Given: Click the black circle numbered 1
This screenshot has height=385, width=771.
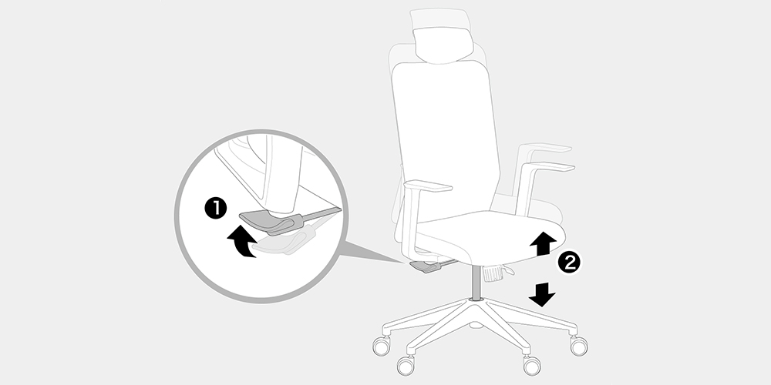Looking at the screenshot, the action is point(215,209).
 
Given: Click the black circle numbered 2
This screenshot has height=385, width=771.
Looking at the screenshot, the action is point(569,263).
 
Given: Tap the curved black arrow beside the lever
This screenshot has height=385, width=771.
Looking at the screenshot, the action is point(243,241).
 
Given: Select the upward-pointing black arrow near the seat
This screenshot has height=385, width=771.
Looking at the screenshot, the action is point(543,243).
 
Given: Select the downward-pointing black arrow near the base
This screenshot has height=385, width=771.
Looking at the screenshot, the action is point(542,293).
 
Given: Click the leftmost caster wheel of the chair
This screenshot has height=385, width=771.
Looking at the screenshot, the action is point(381,346).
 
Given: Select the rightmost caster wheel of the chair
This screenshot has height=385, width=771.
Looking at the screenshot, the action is point(579,346).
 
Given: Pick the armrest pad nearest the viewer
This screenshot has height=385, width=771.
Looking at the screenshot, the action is point(428,186).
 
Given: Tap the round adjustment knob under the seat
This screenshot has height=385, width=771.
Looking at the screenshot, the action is point(492,273).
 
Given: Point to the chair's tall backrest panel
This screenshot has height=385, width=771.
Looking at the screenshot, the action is point(446,142).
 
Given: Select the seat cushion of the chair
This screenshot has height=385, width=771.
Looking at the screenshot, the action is point(487,235).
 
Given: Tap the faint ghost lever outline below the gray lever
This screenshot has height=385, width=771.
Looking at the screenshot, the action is point(285,240).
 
